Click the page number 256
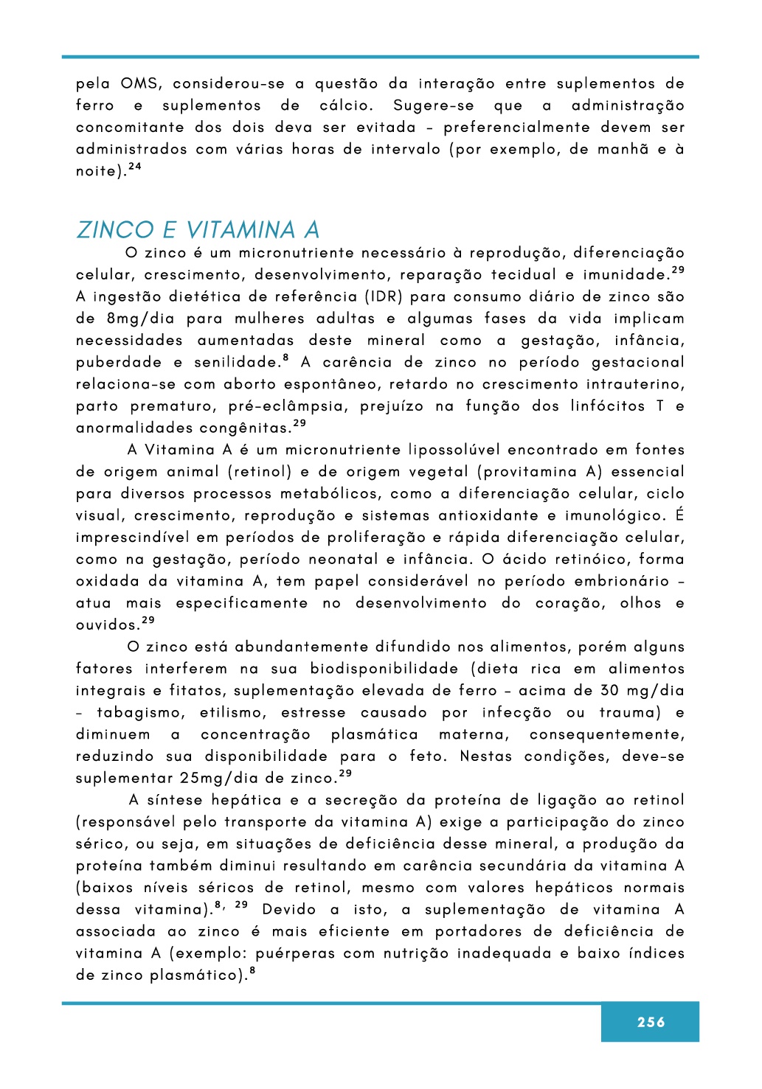pyautogui.click(x=651, y=1022)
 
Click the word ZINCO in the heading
pyautogui.click(x=115, y=230)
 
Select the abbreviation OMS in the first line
pyautogui.click(x=139, y=83)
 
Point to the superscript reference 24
pyautogui.click(x=134, y=167)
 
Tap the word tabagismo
pyautogui.click(x=139, y=713)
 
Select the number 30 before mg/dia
pyautogui.click(x=609, y=691)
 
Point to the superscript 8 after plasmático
pyautogui.click(x=252, y=971)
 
